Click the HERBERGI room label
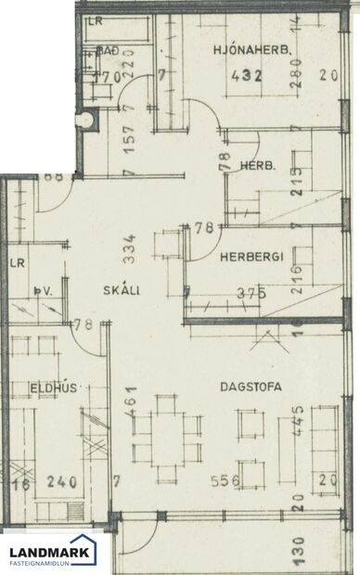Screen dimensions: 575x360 (251, 261)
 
